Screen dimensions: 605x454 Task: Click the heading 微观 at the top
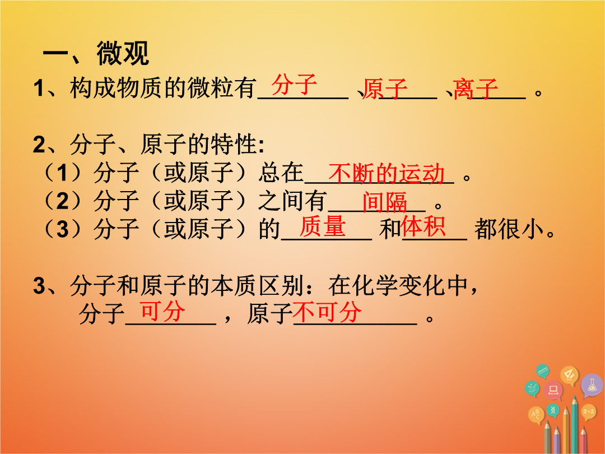pos(123,53)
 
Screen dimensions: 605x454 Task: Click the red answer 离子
pos(476,89)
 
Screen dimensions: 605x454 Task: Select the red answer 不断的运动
pos(387,173)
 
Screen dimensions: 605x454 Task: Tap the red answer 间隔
pos(385,202)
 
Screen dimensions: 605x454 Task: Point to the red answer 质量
pos(323,226)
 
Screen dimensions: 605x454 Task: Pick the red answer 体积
pos(424,226)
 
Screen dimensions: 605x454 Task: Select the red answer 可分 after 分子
pos(162,312)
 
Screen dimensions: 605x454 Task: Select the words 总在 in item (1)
pos(281,173)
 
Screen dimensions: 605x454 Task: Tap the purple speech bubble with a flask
pos(592,385)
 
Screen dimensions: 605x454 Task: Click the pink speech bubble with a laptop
pos(553,390)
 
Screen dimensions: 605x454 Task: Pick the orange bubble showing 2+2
pos(589,413)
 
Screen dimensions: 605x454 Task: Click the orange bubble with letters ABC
pos(536,415)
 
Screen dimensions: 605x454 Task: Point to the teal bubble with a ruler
pos(543,371)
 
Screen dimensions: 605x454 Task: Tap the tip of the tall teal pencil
pos(575,397)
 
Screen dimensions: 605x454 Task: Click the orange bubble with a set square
pos(570,375)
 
